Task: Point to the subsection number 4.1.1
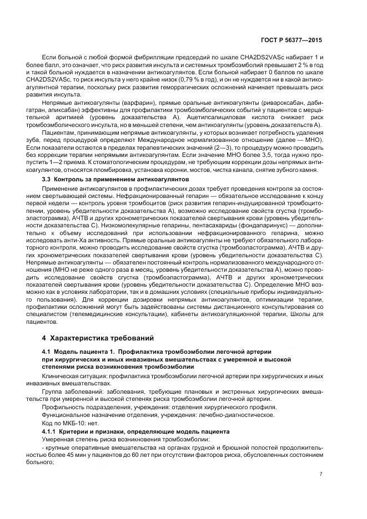[52, 431]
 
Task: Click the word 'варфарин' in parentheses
[134, 103]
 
